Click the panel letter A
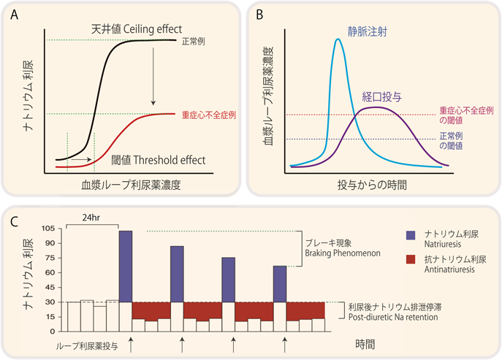click(15, 13)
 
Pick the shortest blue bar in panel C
click(280, 283)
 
